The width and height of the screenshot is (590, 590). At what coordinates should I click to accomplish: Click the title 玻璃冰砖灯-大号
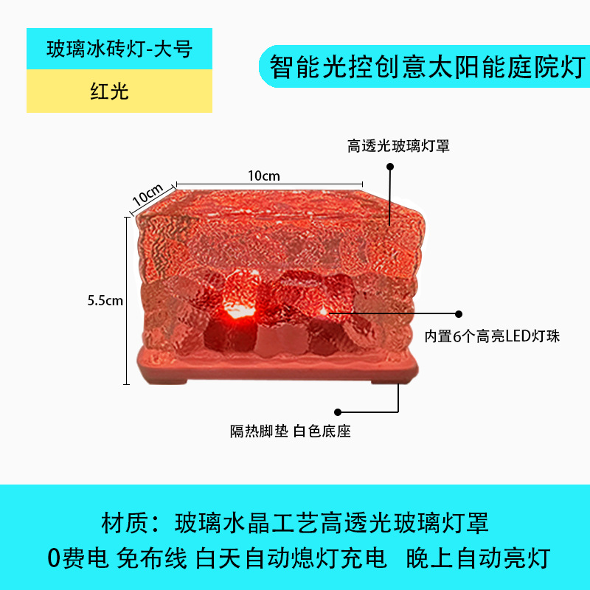tap(119, 49)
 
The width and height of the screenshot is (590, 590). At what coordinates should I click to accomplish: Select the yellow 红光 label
tap(108, 91)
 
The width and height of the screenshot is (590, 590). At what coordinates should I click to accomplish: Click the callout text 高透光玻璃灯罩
tap(398, 147)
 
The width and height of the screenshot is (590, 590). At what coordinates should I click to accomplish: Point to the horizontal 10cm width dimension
tap(263, 176)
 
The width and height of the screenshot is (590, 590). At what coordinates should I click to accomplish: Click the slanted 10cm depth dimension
tap(148, 195)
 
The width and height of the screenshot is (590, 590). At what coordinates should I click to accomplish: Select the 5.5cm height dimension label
tap(105, 300)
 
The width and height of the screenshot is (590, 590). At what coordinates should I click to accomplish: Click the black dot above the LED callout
tap(459, 313)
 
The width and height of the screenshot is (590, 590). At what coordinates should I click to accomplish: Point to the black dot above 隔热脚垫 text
tap(339, 411)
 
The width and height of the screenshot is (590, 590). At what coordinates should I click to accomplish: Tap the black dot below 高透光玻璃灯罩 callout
tap(390, 167)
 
